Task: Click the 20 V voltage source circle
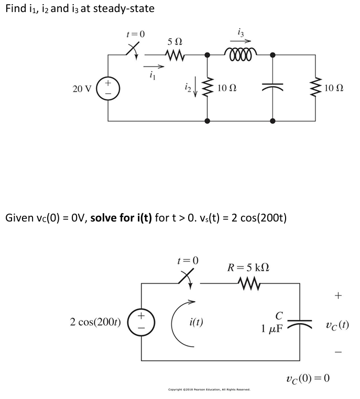(109, 88)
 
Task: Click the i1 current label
(152, 75)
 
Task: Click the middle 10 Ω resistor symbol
(209, 88)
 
